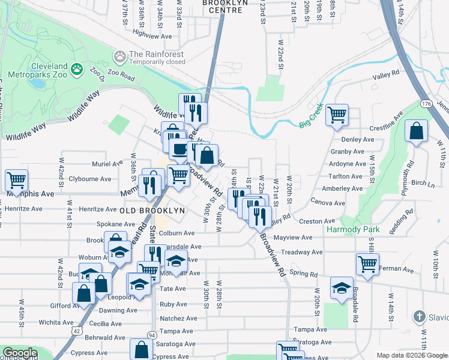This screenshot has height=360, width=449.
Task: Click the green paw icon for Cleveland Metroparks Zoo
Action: [77, 70]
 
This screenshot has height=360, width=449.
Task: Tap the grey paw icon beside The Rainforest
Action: [120, 56]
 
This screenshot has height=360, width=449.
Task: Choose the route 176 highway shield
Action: [426, 104]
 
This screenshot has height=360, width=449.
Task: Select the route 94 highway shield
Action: [152, 334]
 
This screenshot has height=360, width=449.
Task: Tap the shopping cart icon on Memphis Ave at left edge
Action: [17, 179]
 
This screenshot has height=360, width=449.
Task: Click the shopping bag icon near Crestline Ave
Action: [416, 131]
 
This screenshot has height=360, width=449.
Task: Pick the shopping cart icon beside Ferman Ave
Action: [367, 263]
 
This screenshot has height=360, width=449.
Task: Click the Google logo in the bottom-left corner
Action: [20, 353]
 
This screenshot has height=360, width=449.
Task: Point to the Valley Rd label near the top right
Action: [385, 75]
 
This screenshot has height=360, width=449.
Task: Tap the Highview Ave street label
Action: [152, 35]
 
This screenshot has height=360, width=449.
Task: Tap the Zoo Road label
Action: [122, 77]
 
